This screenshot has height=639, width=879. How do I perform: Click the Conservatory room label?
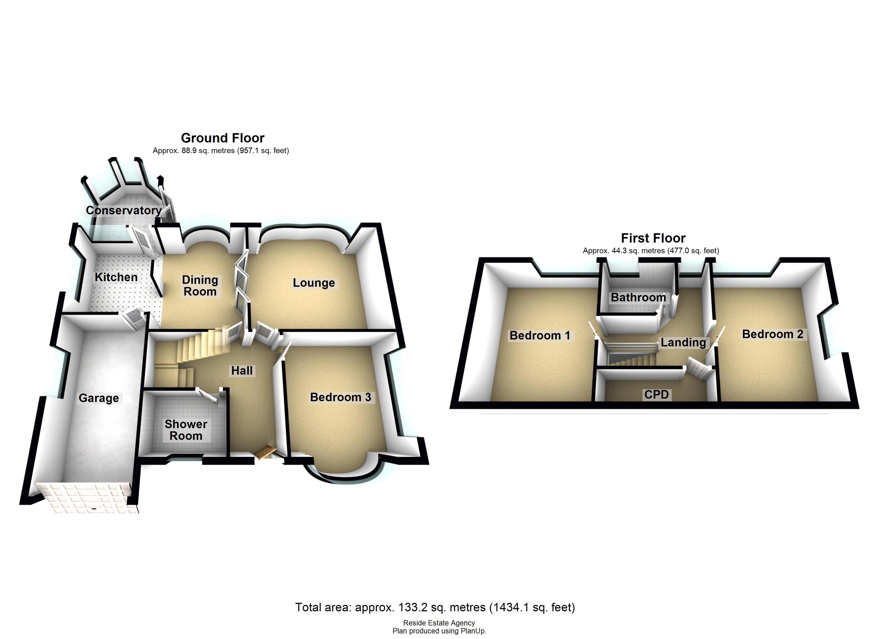click(x=123, y=210)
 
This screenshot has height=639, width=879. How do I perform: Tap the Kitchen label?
click(x=116, y=277)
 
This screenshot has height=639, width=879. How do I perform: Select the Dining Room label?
click(x=200, y=286)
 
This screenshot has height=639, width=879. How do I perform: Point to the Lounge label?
click(x=314, y=283)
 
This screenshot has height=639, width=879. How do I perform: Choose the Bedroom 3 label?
click(x=340, y=397)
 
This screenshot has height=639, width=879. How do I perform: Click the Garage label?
click(x=99, y=398)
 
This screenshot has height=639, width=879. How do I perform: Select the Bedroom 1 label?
click(x=539, y=335)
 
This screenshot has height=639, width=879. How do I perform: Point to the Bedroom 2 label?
click(x=772, y=334)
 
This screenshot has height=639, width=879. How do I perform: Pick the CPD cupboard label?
click(x=656, y=395)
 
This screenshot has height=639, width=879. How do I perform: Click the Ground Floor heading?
click(x=222, y=138)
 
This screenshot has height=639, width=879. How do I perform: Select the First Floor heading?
click(x=653, y=238)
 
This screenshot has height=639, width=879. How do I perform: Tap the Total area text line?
click(x=435, y=607)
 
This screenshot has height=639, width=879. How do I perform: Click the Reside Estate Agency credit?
click(x=439, y=623)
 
